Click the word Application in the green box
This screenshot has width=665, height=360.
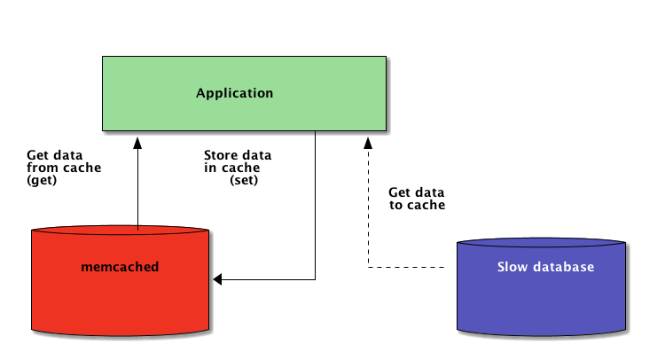click(x=234, y=93)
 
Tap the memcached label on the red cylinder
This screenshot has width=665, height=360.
click(x=120, y=267)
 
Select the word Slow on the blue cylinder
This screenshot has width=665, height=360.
click(x=512, y=267)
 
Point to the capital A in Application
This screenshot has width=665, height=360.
click(x=200, y=93)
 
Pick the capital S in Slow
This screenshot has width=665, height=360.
click(x=501, y=267)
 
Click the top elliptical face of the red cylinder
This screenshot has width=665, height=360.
click(x=120, y=231)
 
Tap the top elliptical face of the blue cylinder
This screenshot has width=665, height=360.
click(x=541, y=243)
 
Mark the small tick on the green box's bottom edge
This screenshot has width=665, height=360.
click(x=316, y=133)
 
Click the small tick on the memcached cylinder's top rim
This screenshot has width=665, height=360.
click(x=138, y=228)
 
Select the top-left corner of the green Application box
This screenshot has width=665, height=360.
click(x=104, y=58)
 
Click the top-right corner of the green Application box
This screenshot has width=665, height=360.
click(x=386, y=58)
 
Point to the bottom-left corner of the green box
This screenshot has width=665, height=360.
click(x=104, y=130)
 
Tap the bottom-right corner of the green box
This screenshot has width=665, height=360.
click(x=386, y=130)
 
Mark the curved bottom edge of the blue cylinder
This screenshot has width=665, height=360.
click(x=541, y=335)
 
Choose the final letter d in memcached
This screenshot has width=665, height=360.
click(x=154, y=267)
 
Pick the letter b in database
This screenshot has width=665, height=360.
click(x=567, y=267)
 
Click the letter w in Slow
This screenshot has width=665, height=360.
click(x=521, y=267)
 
